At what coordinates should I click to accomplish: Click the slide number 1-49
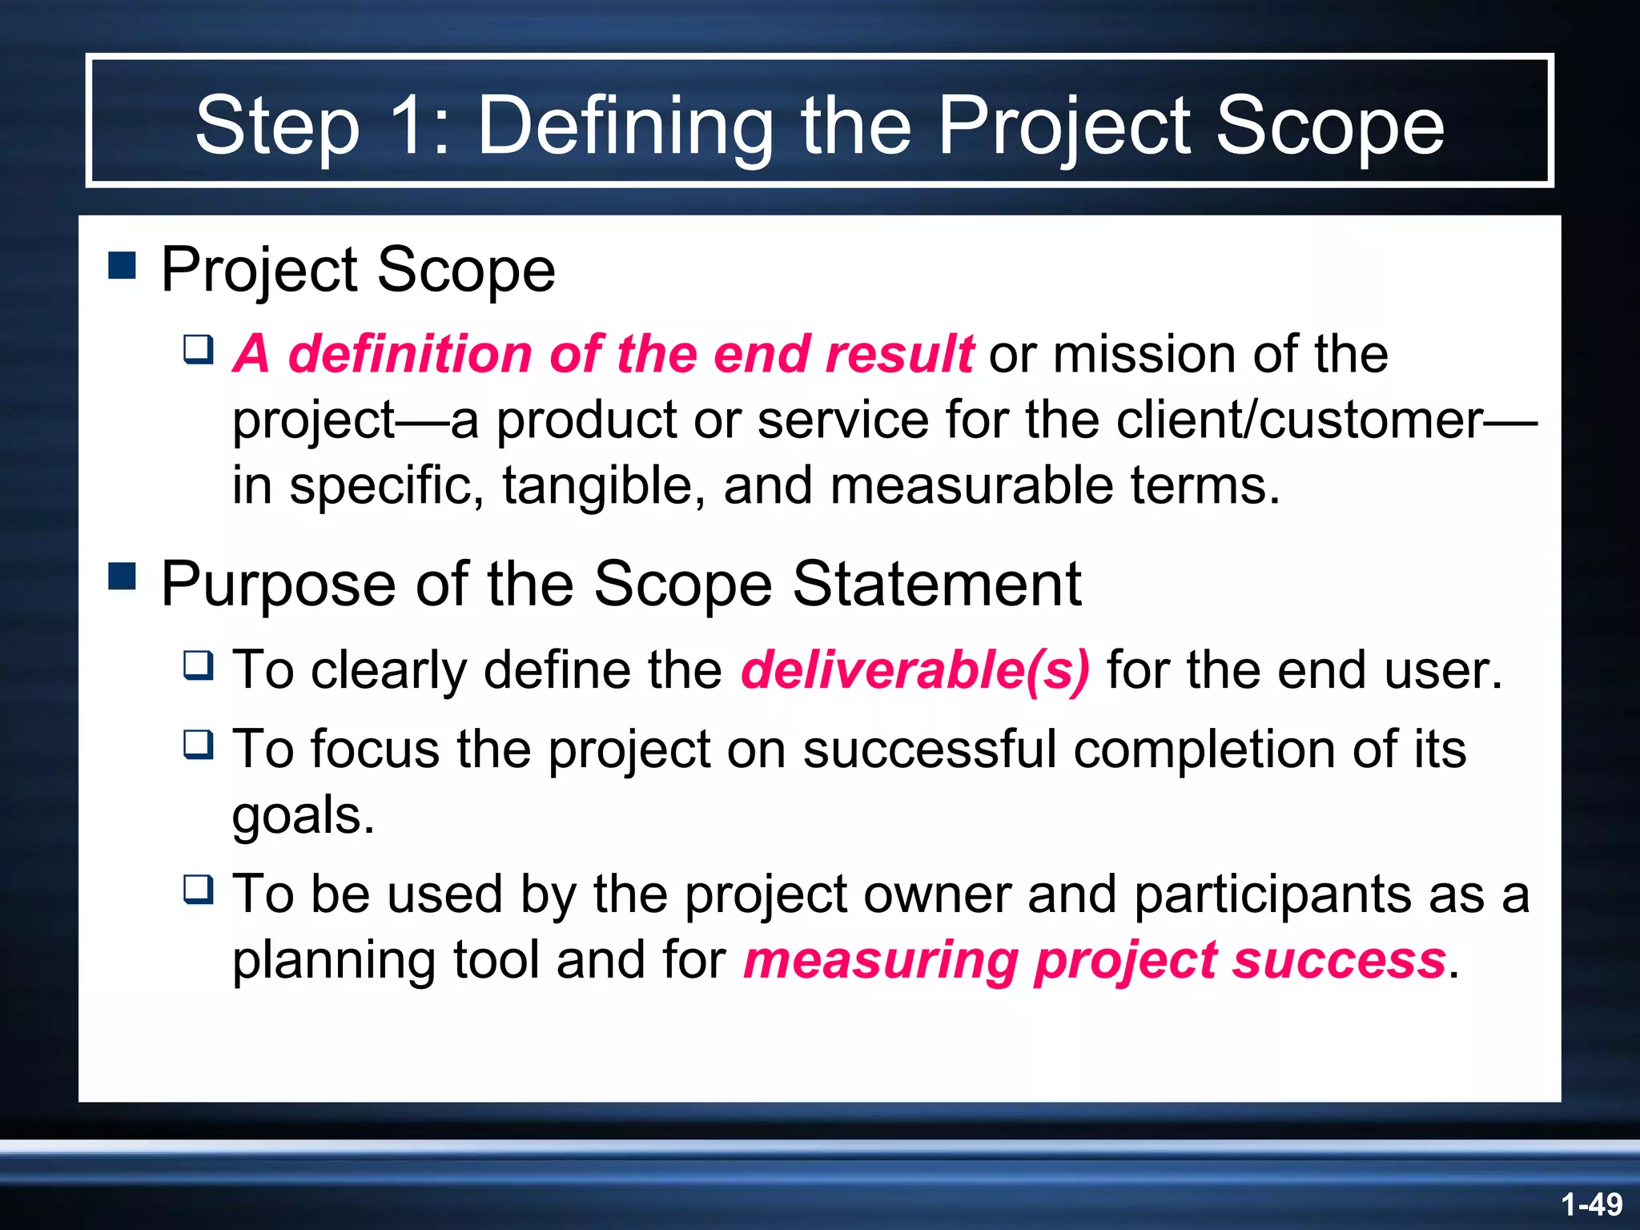[x=1591, y=1204]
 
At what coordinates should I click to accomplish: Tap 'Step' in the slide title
[x=277, y=127]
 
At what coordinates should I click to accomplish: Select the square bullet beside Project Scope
[x=122, y=264]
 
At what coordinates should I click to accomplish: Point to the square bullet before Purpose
[x=122, y=575]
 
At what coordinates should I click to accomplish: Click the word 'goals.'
[x=303, y=815]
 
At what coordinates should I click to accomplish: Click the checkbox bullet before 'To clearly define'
[x=199, y=665]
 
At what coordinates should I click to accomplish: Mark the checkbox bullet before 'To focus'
[x=199, y=745]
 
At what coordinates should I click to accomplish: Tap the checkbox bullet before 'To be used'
[x=199, y=889]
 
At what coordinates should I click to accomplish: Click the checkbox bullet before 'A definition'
[x=199, y=349]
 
